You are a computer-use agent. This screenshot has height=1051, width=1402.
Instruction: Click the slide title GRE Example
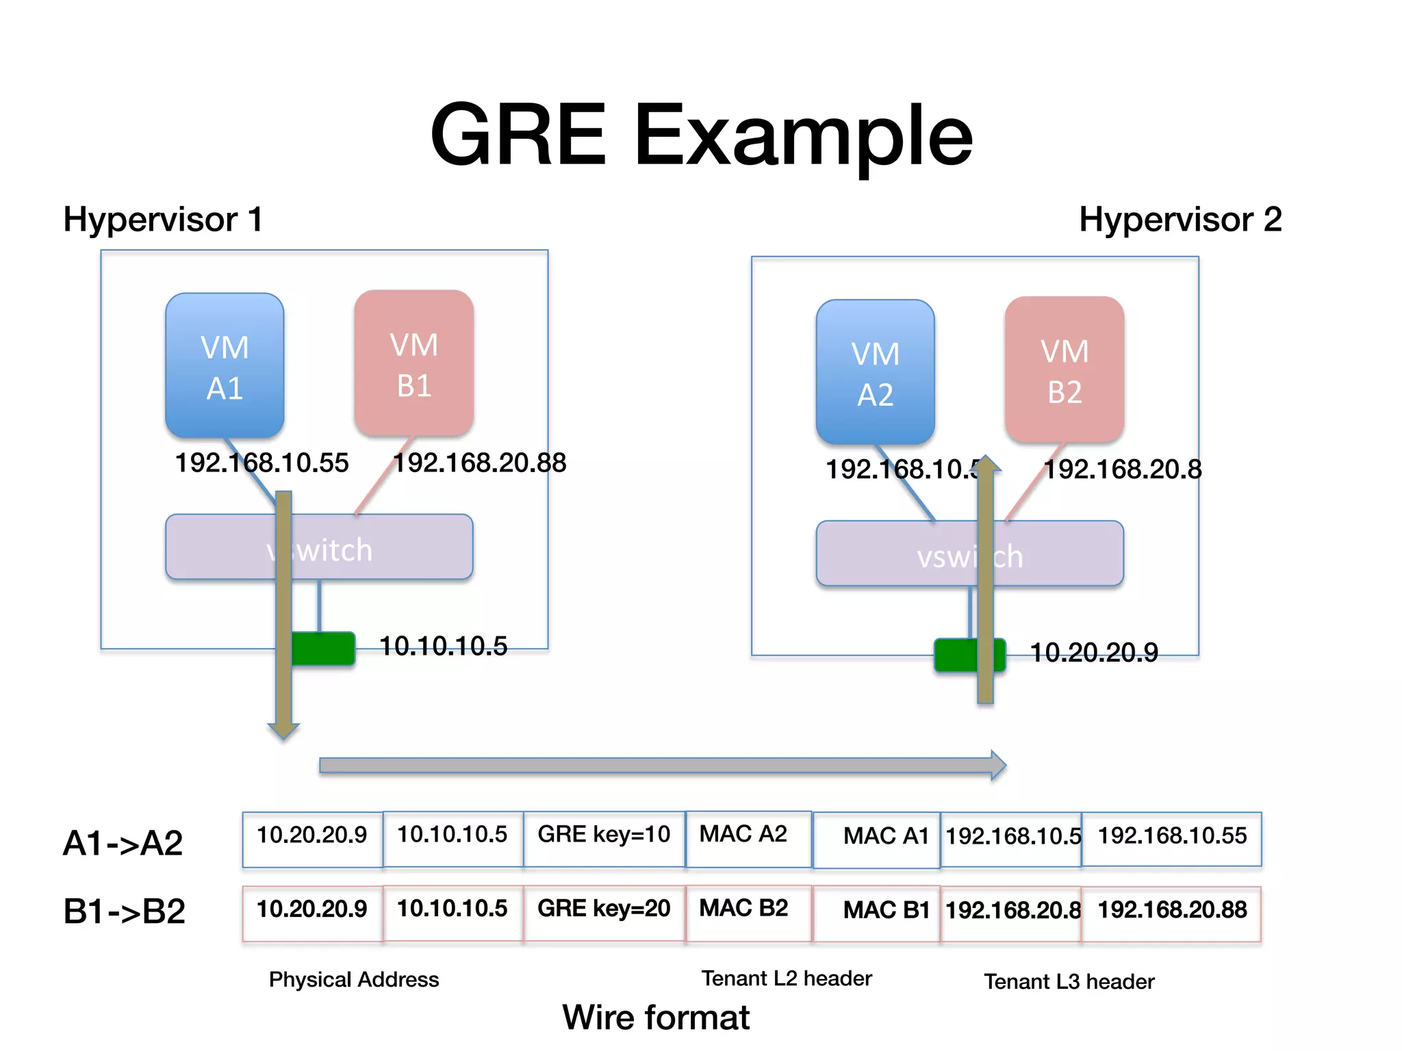(701, 135)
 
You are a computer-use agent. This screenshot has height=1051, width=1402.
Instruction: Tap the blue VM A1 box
(225, 366)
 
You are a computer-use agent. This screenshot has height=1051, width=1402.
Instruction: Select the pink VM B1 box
(414, 363)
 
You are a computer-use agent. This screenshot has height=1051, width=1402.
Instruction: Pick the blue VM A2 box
(876, 373)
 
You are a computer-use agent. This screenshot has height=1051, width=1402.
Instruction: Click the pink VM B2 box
(1065, 370)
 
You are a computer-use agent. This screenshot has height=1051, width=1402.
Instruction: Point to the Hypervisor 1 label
(163, 220)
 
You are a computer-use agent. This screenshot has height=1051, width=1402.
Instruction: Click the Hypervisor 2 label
(1180, 220)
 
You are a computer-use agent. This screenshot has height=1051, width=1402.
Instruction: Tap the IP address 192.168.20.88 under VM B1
(479, 463)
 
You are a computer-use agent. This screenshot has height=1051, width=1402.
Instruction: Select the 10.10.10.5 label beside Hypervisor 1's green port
(444, 646)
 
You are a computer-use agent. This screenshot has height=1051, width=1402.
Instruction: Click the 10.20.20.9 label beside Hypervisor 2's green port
(1094, 653)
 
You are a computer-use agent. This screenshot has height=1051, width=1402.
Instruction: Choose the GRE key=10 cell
(604, 835)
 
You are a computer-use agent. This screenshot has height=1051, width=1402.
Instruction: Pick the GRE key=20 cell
(604, 909)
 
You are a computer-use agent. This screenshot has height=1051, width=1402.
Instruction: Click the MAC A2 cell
(743, 834)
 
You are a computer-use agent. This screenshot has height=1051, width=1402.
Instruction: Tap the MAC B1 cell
(886, 910)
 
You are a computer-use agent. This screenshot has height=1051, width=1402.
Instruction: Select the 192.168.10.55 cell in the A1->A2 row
(1172, 835)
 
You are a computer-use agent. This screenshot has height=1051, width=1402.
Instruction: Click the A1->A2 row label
(123, 843)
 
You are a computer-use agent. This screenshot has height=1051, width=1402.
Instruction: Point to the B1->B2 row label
(125, 911)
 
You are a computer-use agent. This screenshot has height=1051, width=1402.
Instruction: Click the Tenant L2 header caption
(787, 978)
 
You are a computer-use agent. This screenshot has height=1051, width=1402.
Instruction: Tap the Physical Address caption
(354, 980)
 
